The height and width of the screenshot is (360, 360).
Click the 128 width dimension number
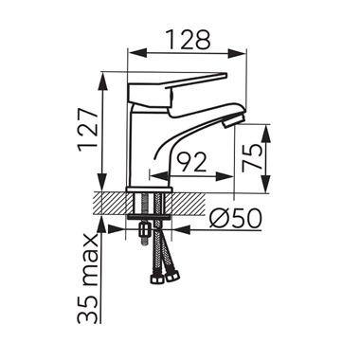pos(188,40)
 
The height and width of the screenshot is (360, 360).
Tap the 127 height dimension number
pos(89,131)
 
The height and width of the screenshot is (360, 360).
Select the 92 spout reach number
pos(191,162)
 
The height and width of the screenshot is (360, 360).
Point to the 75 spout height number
pos(252,158)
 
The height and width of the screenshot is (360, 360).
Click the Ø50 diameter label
pos(236,218)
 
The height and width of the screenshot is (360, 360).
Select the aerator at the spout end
pos(233,120)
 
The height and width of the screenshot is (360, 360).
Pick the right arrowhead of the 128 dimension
pos(236,53)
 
